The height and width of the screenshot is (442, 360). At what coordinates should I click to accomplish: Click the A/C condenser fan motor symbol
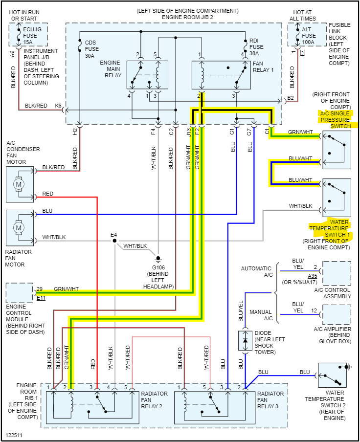(x=20, y=184)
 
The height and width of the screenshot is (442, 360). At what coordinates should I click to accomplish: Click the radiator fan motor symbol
(x=20, y=228)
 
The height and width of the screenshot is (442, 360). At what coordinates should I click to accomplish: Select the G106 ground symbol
(x=158, y=258)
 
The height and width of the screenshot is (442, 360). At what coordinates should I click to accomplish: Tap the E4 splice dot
(x=114, y=241)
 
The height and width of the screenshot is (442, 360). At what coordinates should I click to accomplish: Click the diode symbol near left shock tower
(x=245, y=340)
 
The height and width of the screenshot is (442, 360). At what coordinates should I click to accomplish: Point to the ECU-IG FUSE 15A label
(x=32, y=36)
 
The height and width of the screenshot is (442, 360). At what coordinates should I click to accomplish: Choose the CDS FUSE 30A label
(x=92, y=49)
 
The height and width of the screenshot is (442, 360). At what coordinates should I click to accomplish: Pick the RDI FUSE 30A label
(x=256, y=47)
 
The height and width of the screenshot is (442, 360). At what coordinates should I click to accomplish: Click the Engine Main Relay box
(x=147, y=75)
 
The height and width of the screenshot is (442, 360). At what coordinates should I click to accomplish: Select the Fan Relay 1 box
(x=221, y=75)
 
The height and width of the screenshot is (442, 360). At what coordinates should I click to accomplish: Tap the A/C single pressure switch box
(x=337, y=150)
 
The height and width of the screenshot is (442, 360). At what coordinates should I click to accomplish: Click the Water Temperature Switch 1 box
(x=337, y=198)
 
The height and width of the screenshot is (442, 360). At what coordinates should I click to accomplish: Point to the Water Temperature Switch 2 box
(x=333, y=375)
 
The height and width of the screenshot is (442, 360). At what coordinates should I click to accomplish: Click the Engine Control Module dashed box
(x=20, y=293)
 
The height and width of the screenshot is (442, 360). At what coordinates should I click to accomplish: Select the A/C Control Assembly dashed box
(x=337, y=273)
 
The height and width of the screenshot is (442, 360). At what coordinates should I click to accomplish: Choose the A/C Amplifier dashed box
(x=337, y=314)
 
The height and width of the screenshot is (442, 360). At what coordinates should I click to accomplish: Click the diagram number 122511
(x=14, y=435)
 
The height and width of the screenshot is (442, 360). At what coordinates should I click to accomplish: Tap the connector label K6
(x=58, y=106)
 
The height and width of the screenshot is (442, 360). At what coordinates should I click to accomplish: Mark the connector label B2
(x=291, y=98)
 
